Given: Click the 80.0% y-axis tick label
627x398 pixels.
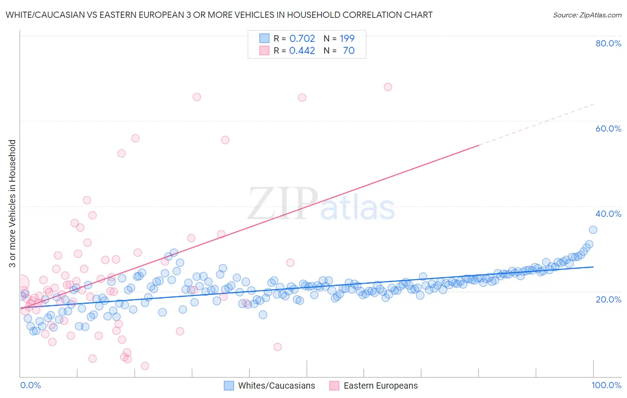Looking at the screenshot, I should [x=608, y=43].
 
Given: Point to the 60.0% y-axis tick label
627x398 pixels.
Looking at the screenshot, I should [x=608, y=129].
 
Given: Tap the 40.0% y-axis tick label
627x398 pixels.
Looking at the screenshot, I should [x=608, y=214].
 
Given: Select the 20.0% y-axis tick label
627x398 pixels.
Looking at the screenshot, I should [x=608, y=299].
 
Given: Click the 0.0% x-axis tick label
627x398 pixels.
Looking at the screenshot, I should [x=30, y=385].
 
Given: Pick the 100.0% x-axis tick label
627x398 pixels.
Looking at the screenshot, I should [x=606, y=385].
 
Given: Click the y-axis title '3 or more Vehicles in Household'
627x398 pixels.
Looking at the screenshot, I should [x=12, y=203].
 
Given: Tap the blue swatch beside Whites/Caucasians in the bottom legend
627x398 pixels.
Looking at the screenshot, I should [x=229, y=386].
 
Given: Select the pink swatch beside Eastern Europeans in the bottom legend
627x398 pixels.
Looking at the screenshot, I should [x=334, y=386].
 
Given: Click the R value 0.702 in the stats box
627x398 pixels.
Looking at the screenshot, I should [x=302, y=38].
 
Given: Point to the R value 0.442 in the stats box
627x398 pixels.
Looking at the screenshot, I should [x=302, y=50].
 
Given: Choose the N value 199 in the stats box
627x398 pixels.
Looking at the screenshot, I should [x=347, y=38].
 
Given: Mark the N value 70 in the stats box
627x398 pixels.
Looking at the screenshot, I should [x=349, y=50].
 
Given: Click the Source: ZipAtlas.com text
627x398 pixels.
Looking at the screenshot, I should [x=587, y=15].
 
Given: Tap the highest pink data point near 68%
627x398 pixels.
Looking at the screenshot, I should [x=388, y=87].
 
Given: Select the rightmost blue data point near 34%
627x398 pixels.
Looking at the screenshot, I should [x=593, y=230].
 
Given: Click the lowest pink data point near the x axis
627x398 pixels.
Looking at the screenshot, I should [x=145, y=366].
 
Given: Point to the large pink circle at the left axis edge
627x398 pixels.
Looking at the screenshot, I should [x=21, y=282].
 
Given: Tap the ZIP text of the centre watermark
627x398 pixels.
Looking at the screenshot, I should [x=283, y=204].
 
